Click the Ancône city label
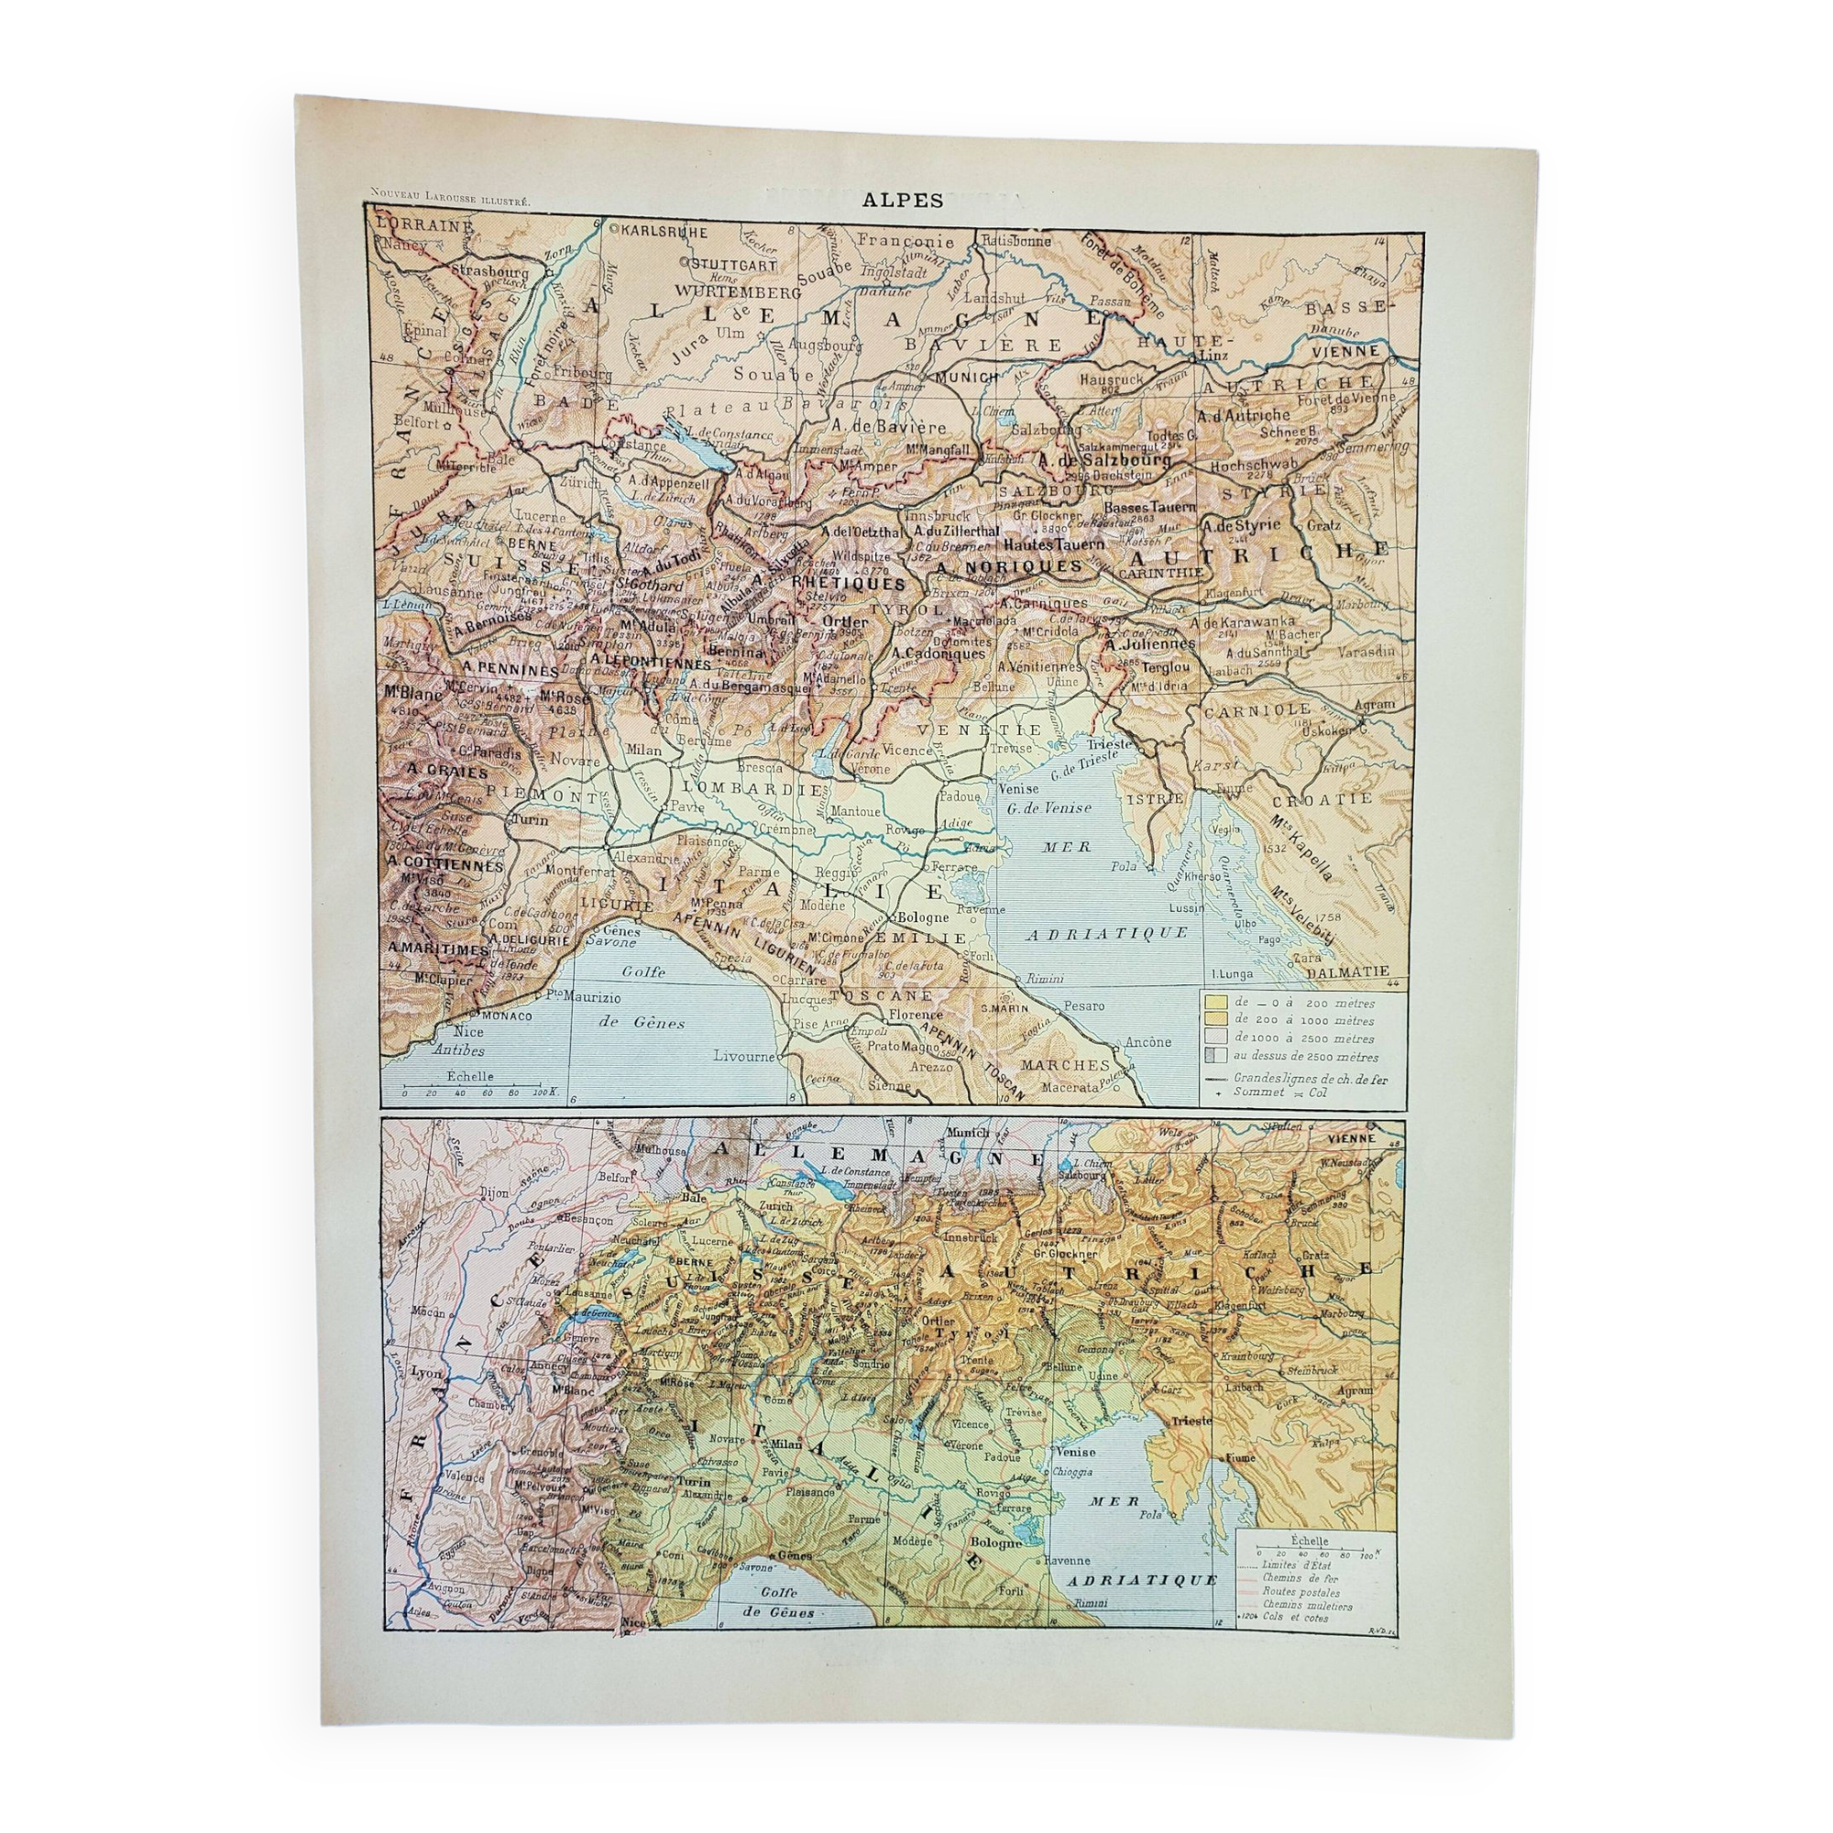click(1148, 1042)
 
